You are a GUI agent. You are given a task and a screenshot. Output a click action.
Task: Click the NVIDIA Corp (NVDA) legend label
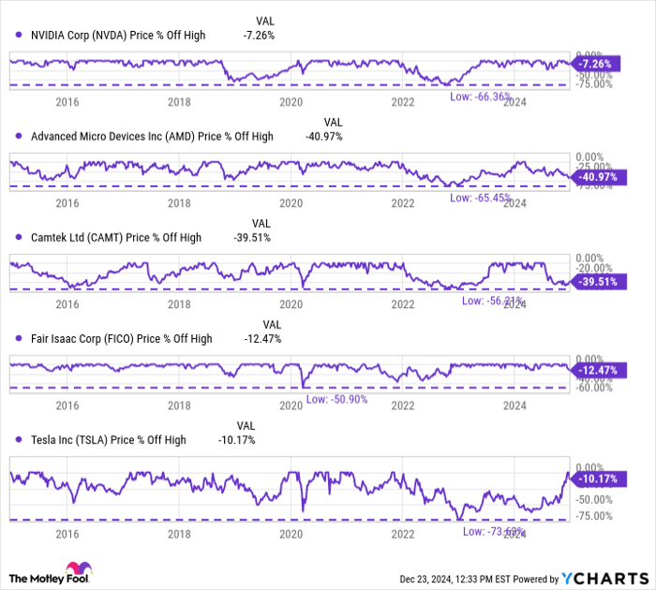click(117, 35)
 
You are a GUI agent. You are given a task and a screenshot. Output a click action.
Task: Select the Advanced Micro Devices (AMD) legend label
click(152, 136)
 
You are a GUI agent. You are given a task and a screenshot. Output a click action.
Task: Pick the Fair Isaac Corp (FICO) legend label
click(121, 338)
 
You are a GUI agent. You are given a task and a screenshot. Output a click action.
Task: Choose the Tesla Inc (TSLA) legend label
click(108, 439)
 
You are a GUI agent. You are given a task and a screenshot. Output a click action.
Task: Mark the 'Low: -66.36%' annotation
click(479, 96)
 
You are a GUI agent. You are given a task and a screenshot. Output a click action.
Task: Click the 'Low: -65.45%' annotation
click(479, 198)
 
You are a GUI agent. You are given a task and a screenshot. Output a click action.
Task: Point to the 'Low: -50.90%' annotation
click(335, 400)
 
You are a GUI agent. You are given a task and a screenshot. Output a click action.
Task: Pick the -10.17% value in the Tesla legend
click(238, 439)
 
